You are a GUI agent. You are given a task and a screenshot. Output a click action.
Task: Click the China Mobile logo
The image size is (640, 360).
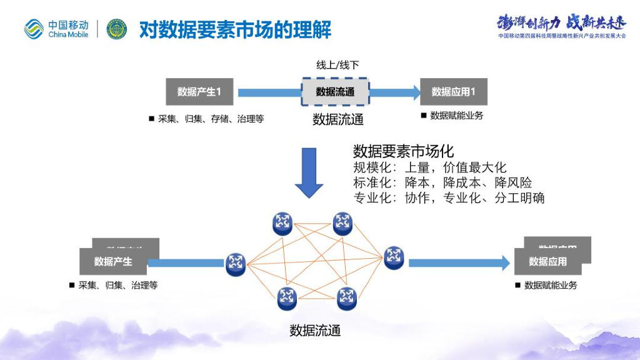(x=56, y=29)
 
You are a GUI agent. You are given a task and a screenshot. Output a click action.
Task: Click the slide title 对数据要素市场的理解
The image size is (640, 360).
(x=234, y=29)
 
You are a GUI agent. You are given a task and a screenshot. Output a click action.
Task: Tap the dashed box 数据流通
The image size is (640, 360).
(x=335, y=92)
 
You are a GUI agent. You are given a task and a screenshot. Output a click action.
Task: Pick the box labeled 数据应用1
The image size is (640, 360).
(x=453, y=92)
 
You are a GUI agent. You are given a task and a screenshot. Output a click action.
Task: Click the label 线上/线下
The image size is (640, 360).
(x=337, y=65)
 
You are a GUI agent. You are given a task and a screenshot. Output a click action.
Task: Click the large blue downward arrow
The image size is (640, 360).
(x=309, y=172)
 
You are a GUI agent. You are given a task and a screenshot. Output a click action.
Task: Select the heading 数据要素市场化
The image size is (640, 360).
(x=403, y=151)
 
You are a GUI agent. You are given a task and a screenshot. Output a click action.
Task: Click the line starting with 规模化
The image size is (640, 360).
(x=429, y=167)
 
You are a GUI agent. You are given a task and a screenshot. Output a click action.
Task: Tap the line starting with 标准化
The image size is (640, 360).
(x=442, y=182)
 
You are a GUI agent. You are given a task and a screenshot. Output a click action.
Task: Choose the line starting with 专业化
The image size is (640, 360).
(x=449, y=198)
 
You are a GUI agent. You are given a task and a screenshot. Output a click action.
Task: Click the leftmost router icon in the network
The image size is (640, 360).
(x=236, y=264)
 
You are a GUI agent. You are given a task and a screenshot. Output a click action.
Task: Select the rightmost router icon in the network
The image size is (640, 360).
(x=394, y=257)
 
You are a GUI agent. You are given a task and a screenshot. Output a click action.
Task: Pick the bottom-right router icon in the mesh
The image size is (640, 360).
(x=346, y=298)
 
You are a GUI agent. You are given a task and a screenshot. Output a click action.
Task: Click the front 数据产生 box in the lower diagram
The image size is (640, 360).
(x=113, y=262)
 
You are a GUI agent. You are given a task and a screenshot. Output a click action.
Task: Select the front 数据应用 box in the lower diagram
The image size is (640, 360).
(x=547, y=262)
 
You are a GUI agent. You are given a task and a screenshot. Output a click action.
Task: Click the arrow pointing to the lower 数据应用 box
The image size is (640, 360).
(x=459, y=263)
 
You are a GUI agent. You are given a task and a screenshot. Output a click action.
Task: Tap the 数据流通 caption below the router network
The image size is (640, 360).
(x=315, y=331)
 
